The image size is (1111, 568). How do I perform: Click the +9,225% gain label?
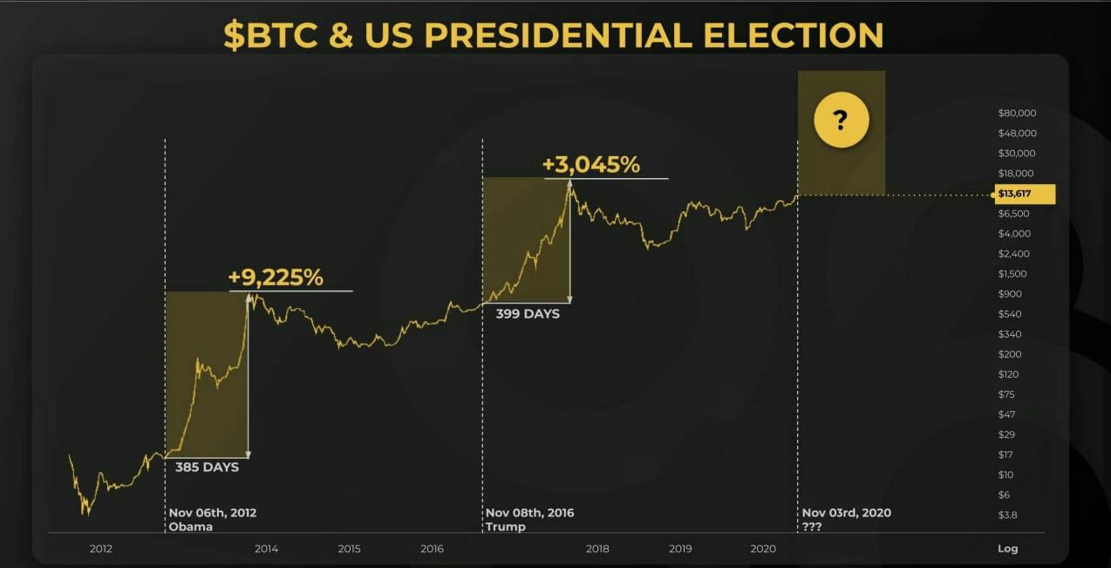276,277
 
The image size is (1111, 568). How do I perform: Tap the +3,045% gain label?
590,164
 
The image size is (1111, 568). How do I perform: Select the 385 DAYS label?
207,467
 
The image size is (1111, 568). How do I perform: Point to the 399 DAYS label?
528,313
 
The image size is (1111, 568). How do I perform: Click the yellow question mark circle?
841,120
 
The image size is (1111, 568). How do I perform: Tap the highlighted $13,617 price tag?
1026,194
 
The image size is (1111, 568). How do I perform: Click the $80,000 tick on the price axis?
1017,113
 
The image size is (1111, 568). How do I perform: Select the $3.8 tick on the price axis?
1007,515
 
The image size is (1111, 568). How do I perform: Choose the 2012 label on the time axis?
101,549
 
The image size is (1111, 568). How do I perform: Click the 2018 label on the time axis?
597,549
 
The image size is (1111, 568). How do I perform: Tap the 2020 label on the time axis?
763,549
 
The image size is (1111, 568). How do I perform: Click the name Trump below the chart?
506,527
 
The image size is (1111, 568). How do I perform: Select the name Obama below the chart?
189,527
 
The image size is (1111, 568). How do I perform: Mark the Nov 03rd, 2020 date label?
846,513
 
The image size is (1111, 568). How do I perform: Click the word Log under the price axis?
1007,549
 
